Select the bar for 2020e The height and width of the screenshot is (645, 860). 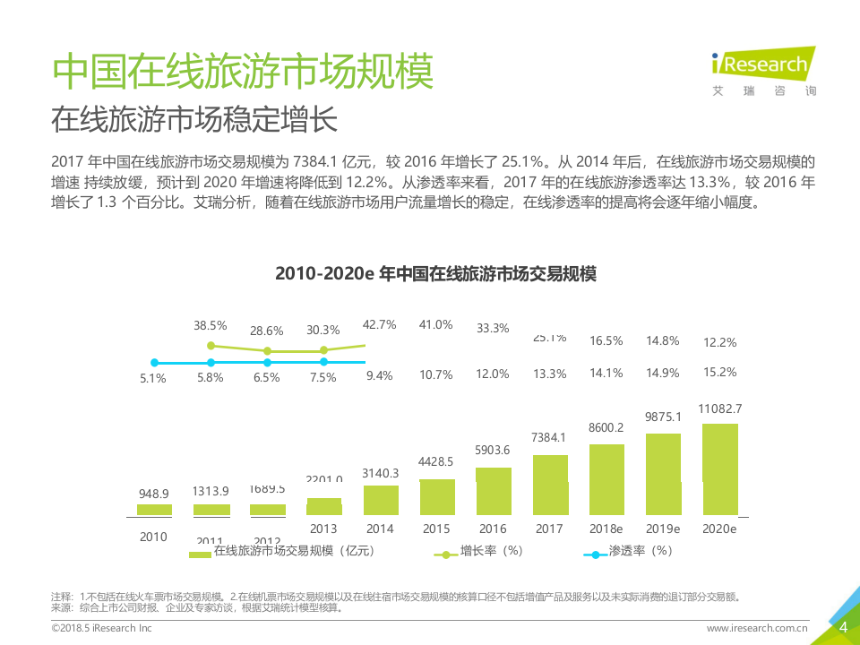[720, 469]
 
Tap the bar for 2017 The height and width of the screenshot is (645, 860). [550, 485]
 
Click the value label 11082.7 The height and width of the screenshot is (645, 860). [720, 408]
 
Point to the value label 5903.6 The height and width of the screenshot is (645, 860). [492, 450]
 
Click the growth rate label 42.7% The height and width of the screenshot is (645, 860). [380, 324]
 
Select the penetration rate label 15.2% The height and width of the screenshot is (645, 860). [720, 372]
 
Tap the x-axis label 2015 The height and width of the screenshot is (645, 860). [435, 529]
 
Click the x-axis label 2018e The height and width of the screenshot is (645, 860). [606, 529]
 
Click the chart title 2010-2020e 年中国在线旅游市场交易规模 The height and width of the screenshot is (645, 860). [435, 274]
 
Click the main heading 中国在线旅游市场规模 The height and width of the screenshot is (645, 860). [243, 72]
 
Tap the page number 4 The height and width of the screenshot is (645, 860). [842, 627]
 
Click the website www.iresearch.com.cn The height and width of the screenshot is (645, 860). [757, 629]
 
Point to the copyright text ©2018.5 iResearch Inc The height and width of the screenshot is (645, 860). [101, 629]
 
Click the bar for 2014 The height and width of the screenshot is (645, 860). [380, 500]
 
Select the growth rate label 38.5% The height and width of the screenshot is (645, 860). [211, 325]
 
